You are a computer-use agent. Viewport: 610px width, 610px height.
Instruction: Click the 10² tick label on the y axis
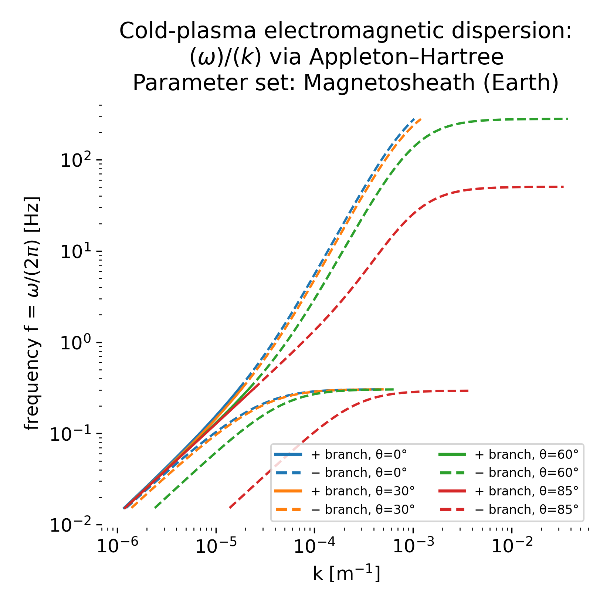coord(76,160)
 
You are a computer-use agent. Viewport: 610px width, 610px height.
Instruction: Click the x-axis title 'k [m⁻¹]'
coord(346,574)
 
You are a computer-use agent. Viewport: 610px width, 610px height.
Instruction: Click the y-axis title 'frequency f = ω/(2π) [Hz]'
coord(32,313)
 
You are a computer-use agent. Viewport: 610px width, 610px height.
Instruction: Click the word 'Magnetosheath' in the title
coord(389,83)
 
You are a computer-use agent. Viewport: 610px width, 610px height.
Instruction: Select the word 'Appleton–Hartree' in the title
coord(407,57)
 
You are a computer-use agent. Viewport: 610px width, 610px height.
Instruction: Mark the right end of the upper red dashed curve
coord(563,187)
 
